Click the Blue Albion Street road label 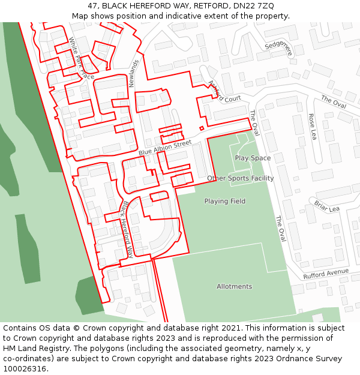(165, 148)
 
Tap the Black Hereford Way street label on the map (127, 230)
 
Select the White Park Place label (81, 59)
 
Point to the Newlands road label (134, 73)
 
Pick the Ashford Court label (224, 92)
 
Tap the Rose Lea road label (312, 127)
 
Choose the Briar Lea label (326, 206)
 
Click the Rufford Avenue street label (325, 274)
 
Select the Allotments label (234, 287)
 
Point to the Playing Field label (224, 202)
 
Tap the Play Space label (253, 158)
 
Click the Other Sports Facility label (240, 178)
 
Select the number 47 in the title (92, 6)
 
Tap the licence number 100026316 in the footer (25, 369)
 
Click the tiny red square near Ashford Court (202, 128)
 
